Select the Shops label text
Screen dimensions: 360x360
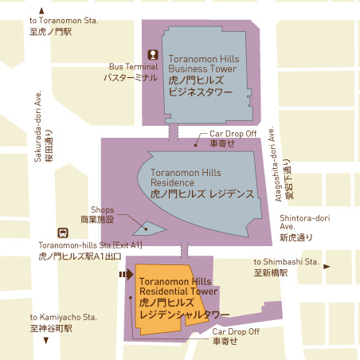102,214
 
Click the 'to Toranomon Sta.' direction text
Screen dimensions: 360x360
62,25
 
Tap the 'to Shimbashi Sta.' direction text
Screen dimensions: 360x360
286,266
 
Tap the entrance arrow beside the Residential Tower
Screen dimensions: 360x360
123,276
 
